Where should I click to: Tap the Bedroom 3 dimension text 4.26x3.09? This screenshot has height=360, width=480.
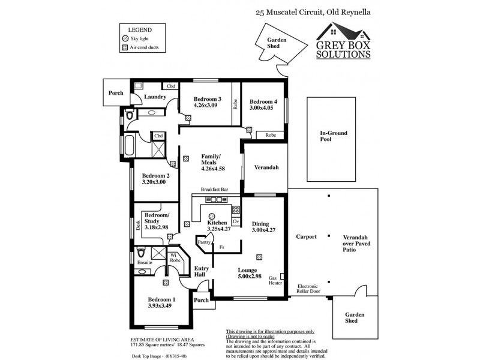208,106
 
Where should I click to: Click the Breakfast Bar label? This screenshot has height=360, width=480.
215,189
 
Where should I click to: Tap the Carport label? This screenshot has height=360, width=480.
306,237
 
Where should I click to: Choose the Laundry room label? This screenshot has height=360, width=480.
155,96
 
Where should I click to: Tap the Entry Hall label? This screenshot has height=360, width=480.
200,271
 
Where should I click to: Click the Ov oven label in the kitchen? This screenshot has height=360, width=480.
236,221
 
